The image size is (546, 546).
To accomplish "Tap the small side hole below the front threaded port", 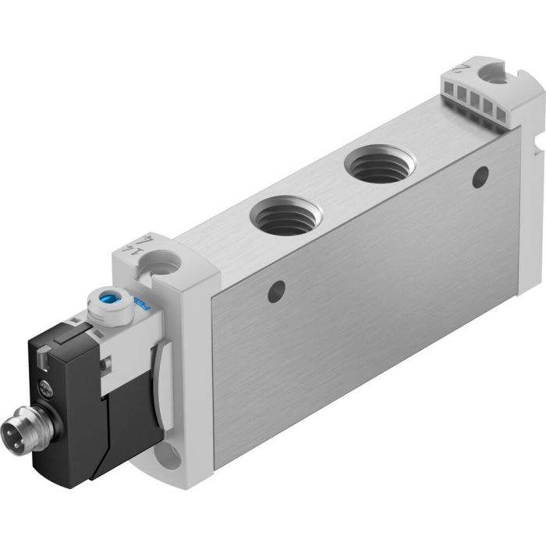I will [274, 296].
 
